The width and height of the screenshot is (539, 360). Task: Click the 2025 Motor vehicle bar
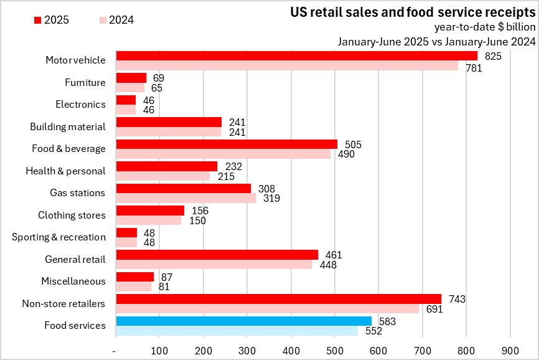click(x=296, y=55)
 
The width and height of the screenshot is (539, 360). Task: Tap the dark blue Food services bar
click(x=243, y=321)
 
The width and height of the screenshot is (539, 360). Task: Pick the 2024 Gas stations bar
click(x=186, y=199)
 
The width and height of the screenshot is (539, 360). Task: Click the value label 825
click(x=492, y=56)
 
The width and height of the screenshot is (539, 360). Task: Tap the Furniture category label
click(x=85, y=82)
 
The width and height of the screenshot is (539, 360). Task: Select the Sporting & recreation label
click(x=59, y=237)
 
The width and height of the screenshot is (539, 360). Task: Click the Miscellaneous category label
click(x=73, y=282)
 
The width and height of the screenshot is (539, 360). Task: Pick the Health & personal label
click(x=65, y=171)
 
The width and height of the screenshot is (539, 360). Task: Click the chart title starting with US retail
click(x=413, y=12)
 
